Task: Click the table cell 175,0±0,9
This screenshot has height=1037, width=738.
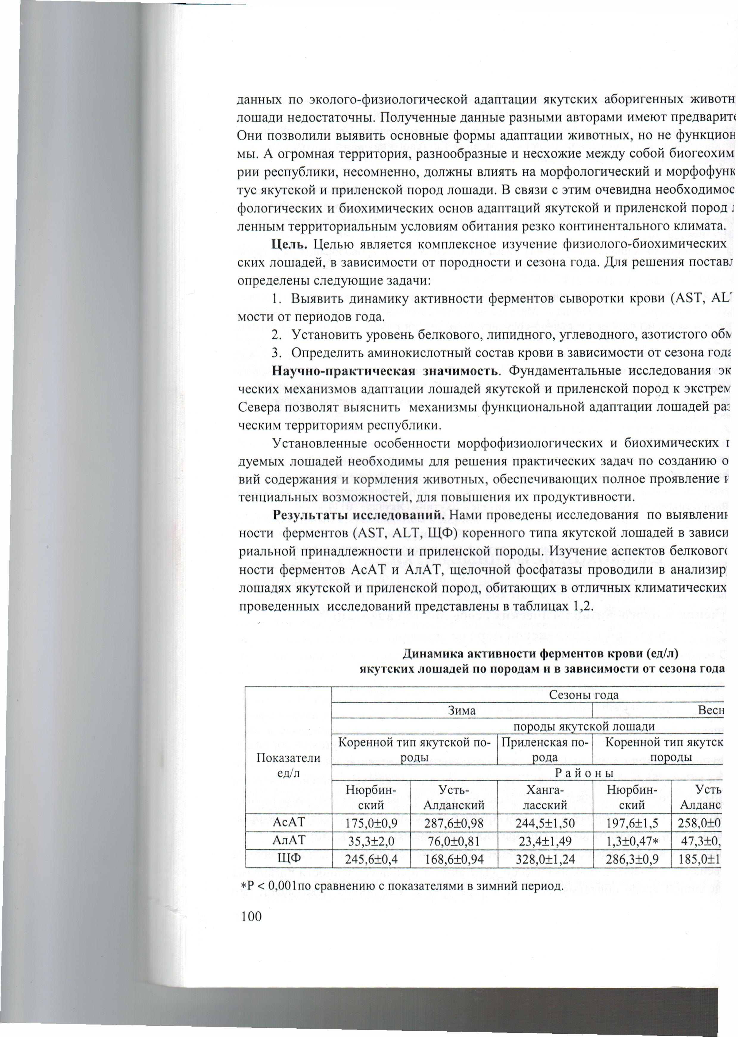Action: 370,820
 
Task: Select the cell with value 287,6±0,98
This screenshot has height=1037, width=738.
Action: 454,820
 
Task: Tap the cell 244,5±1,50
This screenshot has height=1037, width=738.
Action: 545,820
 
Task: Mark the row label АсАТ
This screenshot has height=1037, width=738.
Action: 289,820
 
